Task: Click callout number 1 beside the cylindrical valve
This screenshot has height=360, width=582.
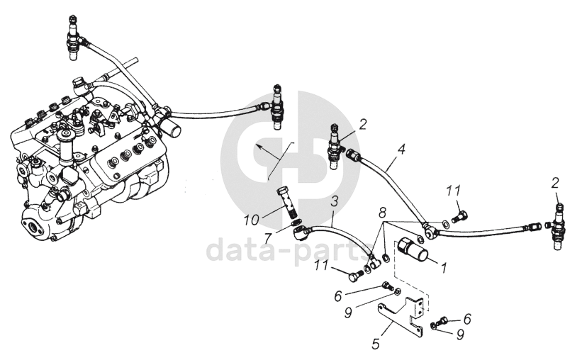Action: (444, 269)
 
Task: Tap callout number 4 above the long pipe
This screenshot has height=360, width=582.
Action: (401, 150)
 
